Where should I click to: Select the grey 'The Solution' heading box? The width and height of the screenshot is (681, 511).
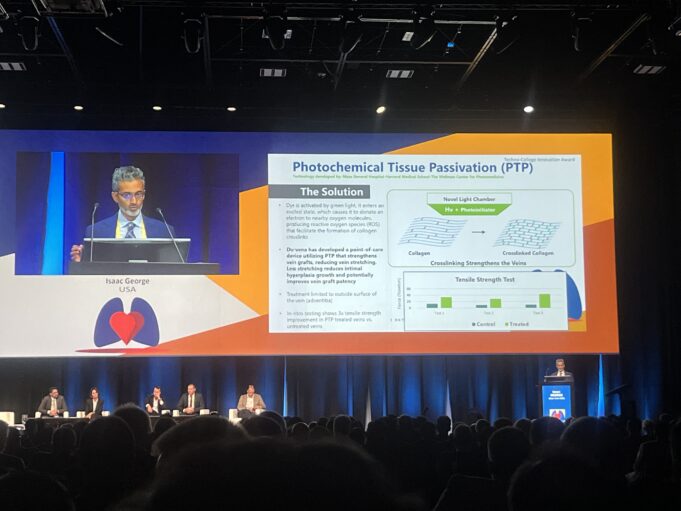pyautogui.click(x=320, y=191)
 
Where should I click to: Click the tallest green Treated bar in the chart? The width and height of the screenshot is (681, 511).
pyautogui.click(x=545, y=300)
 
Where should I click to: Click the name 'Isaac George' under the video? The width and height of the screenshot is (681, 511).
pyautogui.click(x=127, y=281)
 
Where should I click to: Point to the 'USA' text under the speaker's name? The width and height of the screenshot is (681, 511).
pyautogui.click(x=127, y=290)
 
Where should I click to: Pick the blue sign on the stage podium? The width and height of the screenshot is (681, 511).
pyautogui.click(x=557, y=401)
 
